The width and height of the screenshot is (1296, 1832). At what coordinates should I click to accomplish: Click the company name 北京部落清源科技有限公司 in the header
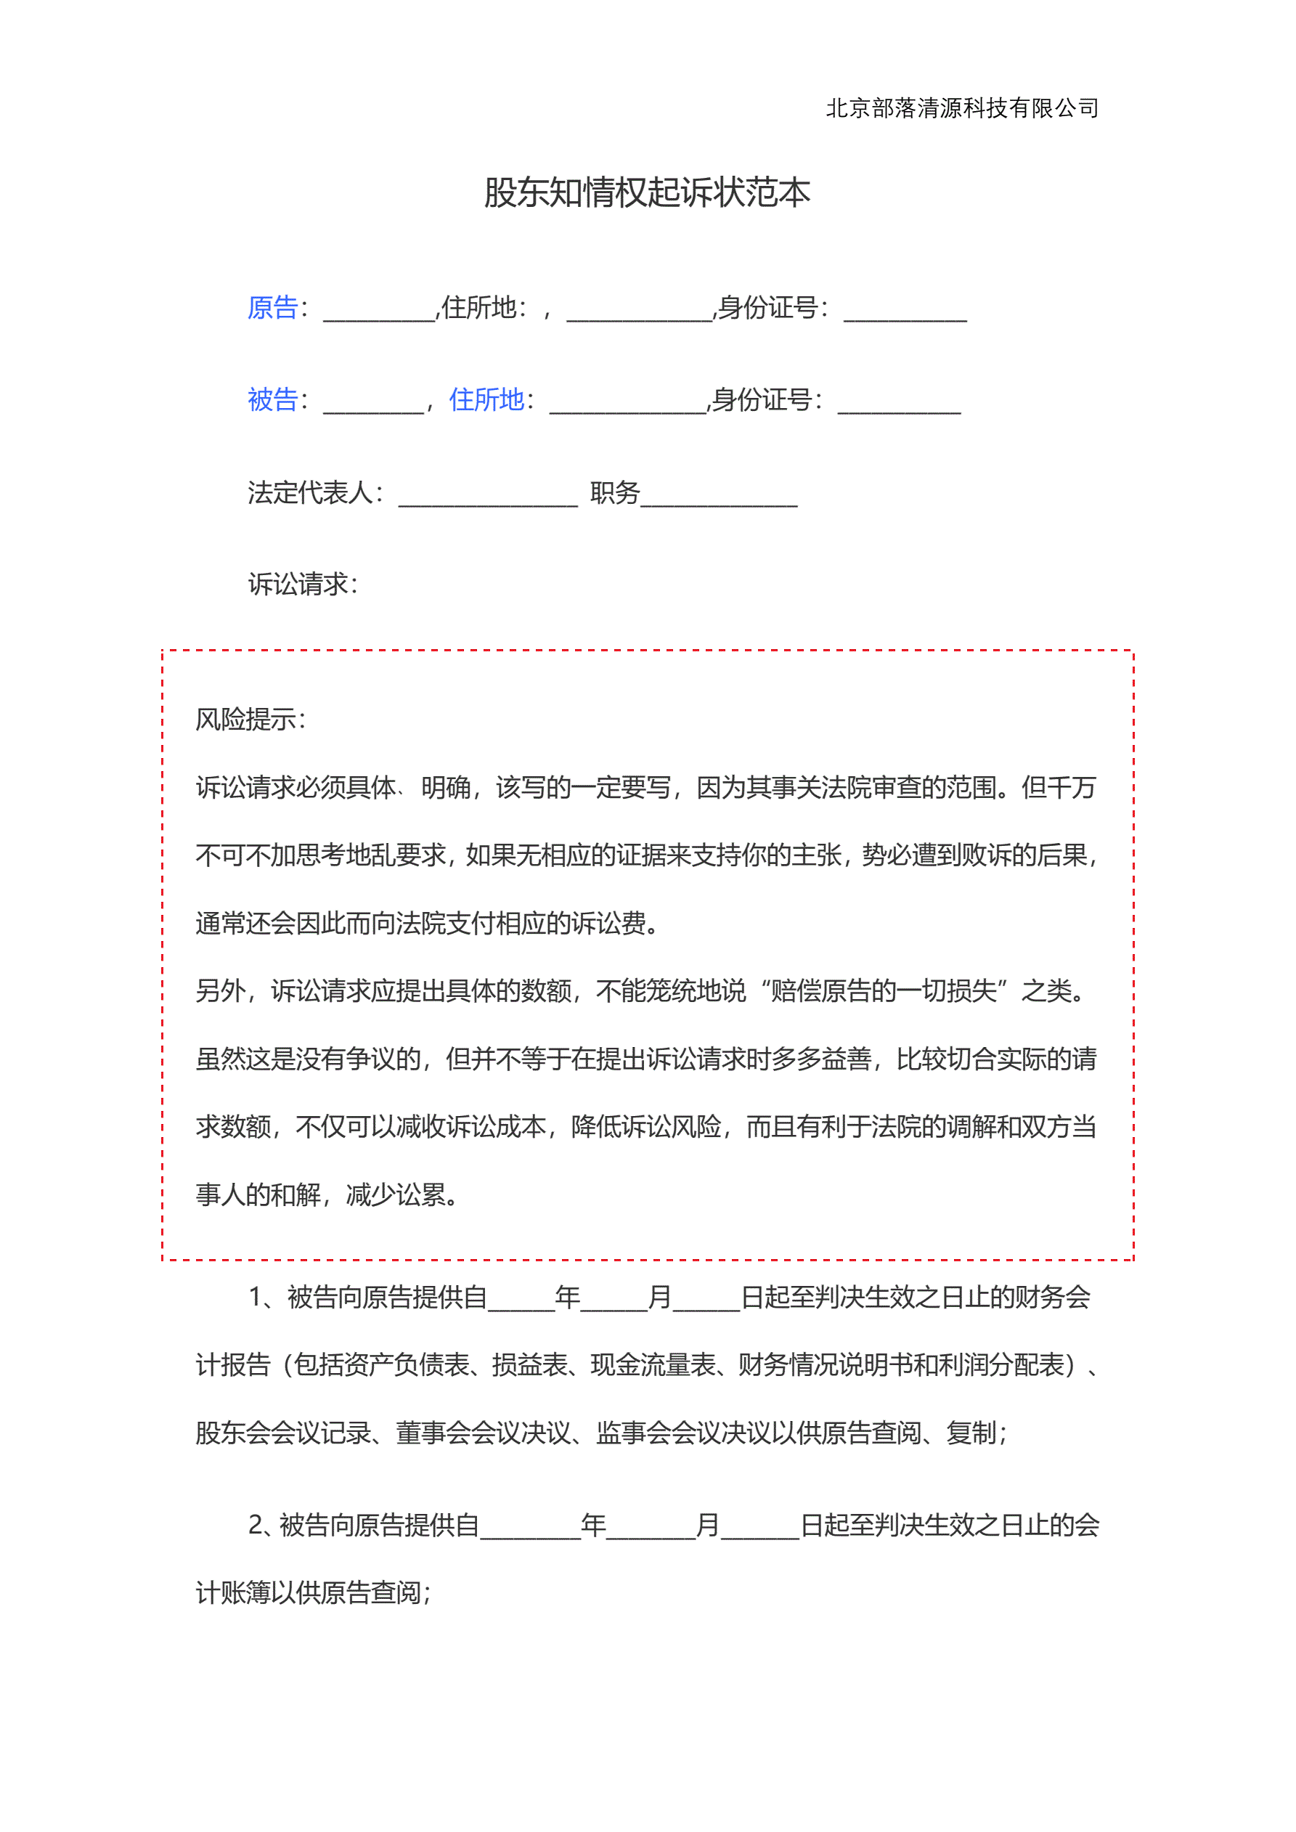click(961, 107)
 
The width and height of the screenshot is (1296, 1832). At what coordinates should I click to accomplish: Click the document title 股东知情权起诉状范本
click(647, 193)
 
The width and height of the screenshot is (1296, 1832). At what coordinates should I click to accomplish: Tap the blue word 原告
click(272, 308)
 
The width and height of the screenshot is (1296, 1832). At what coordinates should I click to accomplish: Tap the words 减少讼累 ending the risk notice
click(396, 1194)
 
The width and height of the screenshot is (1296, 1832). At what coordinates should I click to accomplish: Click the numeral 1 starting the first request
click(256, 1298)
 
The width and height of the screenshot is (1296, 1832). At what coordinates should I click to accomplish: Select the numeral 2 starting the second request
click(256, 1525)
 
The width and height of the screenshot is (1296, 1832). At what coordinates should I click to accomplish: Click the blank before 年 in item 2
click(530, 1528)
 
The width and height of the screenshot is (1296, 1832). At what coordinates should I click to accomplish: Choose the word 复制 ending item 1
click(971, 1433)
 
